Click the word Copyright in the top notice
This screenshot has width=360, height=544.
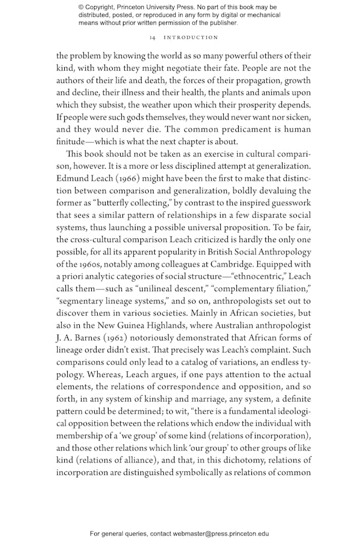[103, 7]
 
